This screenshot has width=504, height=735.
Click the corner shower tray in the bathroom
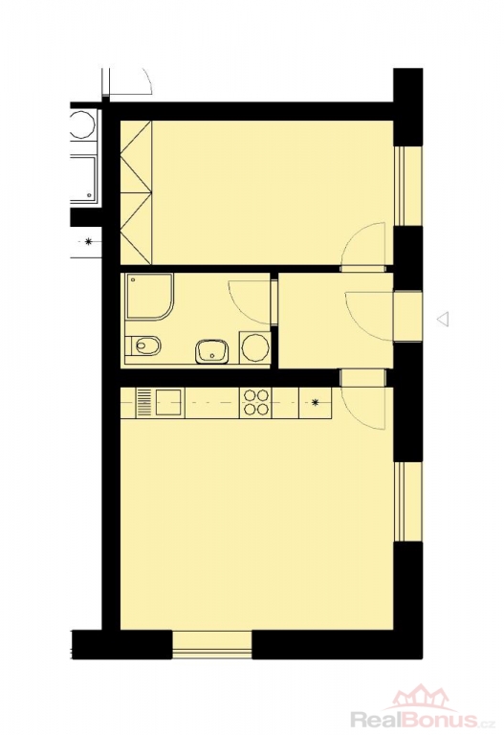point(149,298)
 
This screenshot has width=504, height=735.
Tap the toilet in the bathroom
point(143,345)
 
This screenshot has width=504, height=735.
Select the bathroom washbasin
point(212,351)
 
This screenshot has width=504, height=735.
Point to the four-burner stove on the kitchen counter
point(255,403)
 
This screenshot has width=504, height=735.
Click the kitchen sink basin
point(168,402)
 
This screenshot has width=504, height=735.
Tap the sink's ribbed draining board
point(142,403)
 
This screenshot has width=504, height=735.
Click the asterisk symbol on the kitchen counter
point(316,402)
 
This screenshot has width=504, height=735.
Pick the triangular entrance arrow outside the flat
point(443,319)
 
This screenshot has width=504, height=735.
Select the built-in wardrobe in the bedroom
point(137,192)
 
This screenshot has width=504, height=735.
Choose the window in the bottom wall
point(212,645)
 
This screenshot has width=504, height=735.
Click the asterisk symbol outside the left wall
point(88,242)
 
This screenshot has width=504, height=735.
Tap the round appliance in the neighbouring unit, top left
point(82,124)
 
